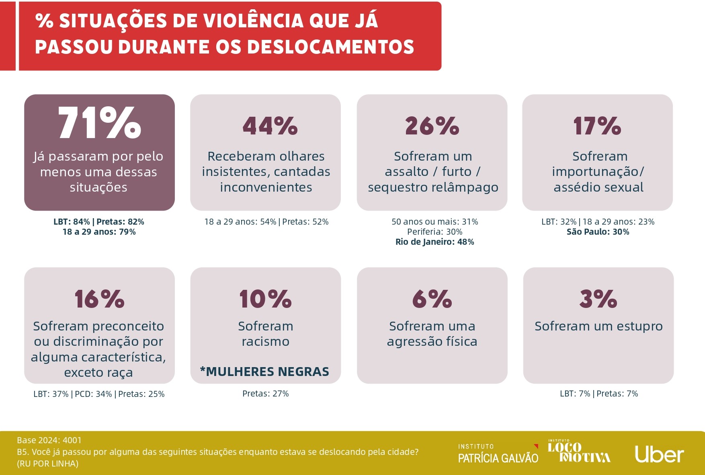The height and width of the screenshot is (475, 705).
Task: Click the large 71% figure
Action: click(x=99, y=123)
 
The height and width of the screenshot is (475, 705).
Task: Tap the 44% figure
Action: click(x=270, y=126)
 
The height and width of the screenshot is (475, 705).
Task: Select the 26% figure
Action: click(x=432, y=126)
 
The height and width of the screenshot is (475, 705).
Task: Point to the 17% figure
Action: click(x=597, y=126)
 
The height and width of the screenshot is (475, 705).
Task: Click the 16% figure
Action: click(x=99, y=299)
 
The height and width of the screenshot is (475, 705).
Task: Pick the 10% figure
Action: click(x=265, y=299)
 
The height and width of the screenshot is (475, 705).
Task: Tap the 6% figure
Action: click(x=432, y=299)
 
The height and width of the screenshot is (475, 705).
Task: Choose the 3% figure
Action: click(x=598, y=299)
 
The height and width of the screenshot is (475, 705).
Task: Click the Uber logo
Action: click(x=659, y=454)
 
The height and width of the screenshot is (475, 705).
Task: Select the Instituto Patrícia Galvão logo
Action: click(x=498, y=454)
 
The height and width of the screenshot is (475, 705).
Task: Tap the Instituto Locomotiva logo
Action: click(x=579, y=451)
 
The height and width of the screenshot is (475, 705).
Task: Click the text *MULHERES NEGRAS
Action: click(x=265, y=372)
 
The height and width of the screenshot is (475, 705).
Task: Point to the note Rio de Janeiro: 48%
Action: click(x=434, y=242)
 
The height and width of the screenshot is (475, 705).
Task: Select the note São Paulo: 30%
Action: click(x=598, y=232)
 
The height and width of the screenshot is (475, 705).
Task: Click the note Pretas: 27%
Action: click(x=265, y=394)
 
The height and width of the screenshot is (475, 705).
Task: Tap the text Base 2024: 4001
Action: click(x=49, y=440)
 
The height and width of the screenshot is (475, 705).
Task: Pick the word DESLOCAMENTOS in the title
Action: click(x=331, y=47)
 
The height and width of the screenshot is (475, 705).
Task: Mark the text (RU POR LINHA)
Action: click(x=47, y=464)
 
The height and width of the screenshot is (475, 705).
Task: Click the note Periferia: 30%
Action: click(x=434, y=232)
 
